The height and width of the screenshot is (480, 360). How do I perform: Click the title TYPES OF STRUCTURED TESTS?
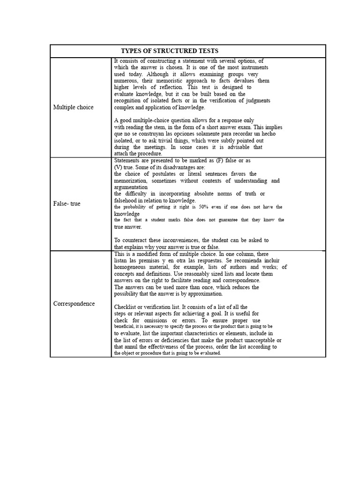[x=170, y=51]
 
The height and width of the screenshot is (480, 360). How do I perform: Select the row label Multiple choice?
[x=73, y=107]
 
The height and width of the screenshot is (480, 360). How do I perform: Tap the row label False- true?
[x=67, y=204]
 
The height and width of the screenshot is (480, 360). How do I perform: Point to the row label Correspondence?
[x=74, y=304]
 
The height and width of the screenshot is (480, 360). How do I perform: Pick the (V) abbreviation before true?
[x=120, y=167]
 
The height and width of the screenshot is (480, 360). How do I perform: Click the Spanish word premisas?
[x=156, y=260]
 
